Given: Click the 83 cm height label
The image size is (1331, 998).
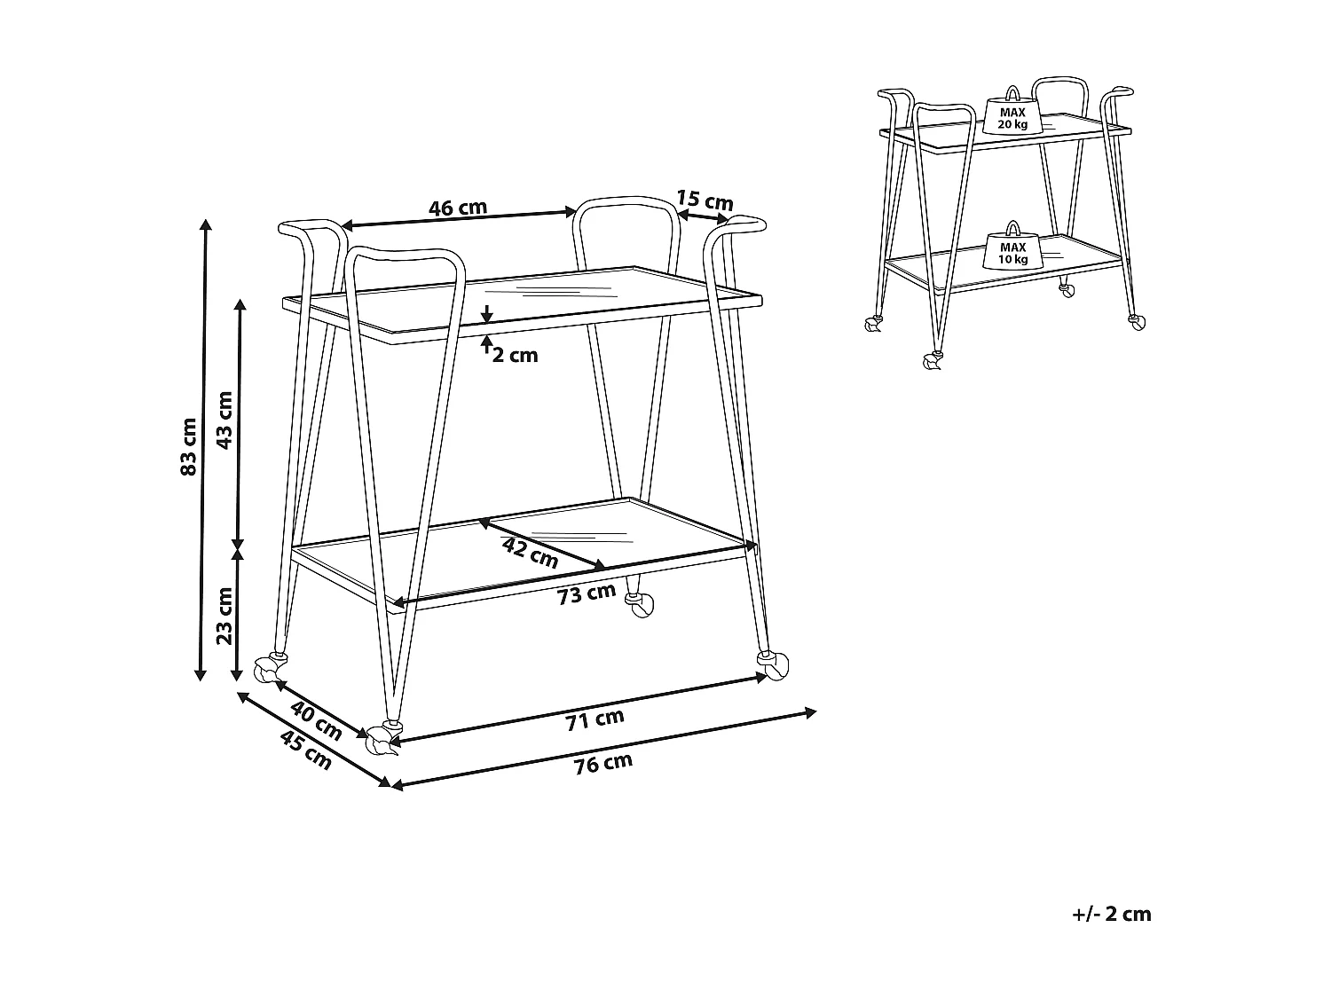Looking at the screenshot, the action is pyautogui.click(x=189, y=446).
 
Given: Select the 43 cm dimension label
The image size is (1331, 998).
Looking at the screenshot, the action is pyautogui.click(x=224, y=420).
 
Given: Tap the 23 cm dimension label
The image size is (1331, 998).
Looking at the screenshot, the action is pyautogui.click(x=224, y=616).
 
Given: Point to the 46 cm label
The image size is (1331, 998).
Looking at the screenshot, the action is pyautogui.click(x=458, y=208).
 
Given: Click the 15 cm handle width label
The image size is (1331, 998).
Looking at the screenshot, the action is pyautogui.click(x=705, y=200).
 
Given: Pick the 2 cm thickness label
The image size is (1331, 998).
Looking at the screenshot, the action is pyautogui.click(x=515, y=355).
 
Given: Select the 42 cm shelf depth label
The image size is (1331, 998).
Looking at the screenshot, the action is pyautogui.click(x=530, y=554).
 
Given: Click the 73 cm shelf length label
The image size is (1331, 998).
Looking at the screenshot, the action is pyautogui.click(x=587, y=594).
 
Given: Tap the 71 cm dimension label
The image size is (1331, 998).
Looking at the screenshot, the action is pyautogui.click(x=595, y=719).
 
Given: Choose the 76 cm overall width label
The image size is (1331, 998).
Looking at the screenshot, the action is pyautogui.click(x=603, y=764).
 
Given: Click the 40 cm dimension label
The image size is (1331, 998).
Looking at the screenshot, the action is pyautogui.click(x=316, y=720).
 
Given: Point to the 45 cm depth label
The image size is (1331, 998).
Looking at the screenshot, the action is pyautogui.click(x=306, y=750).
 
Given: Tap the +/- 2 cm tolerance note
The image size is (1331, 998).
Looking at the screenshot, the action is pyautogui.click(x=1112, y=915).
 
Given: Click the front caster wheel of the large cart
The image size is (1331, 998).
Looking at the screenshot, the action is pyautogui.click(x=383, y=740).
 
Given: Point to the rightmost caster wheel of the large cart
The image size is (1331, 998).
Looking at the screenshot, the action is pyautogui.click(x=773, y=666).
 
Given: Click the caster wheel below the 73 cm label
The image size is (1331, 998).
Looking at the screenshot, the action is pyautogui.click(x=641, y=605).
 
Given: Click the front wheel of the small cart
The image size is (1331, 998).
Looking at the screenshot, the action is pyautogui.click(x=933, y=361).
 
